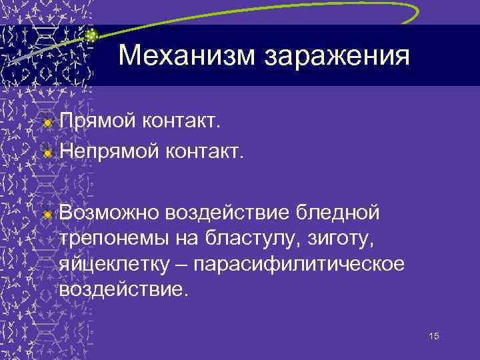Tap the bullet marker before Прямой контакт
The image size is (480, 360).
pos(47,123)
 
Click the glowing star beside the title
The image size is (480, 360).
pos(92,35)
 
